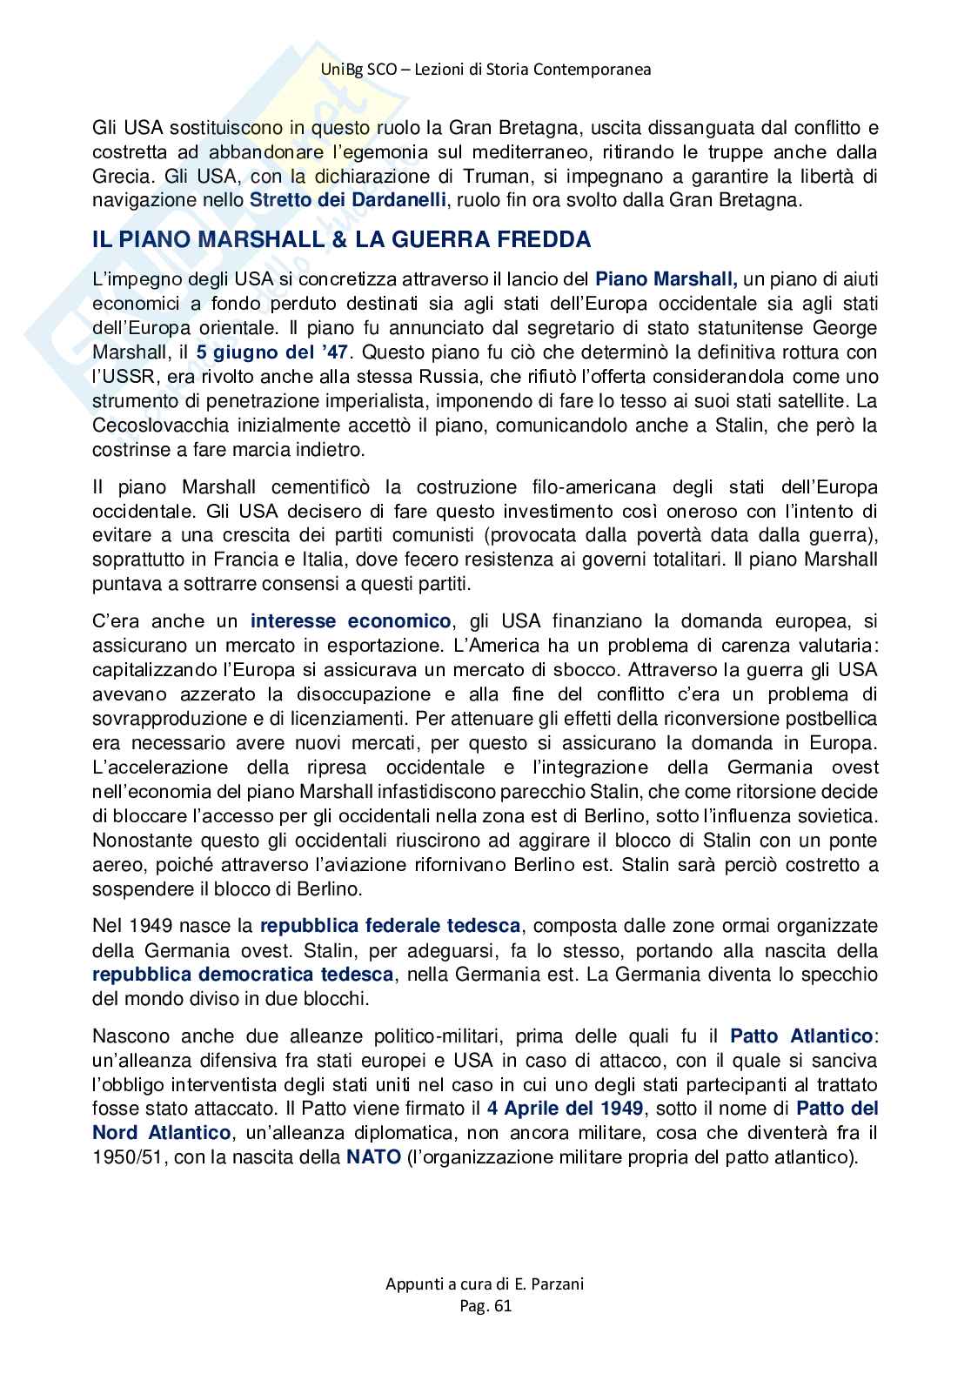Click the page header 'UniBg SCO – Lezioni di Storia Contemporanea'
(485, 70)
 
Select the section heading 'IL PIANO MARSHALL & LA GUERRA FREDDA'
(341, 240)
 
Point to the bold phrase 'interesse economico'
(351, 621)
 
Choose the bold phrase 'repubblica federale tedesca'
(391, 925)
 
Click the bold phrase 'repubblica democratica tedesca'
(243, 974)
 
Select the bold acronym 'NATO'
(373, 1157)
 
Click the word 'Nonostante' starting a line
(140, 841)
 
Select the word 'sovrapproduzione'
(165, 719)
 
